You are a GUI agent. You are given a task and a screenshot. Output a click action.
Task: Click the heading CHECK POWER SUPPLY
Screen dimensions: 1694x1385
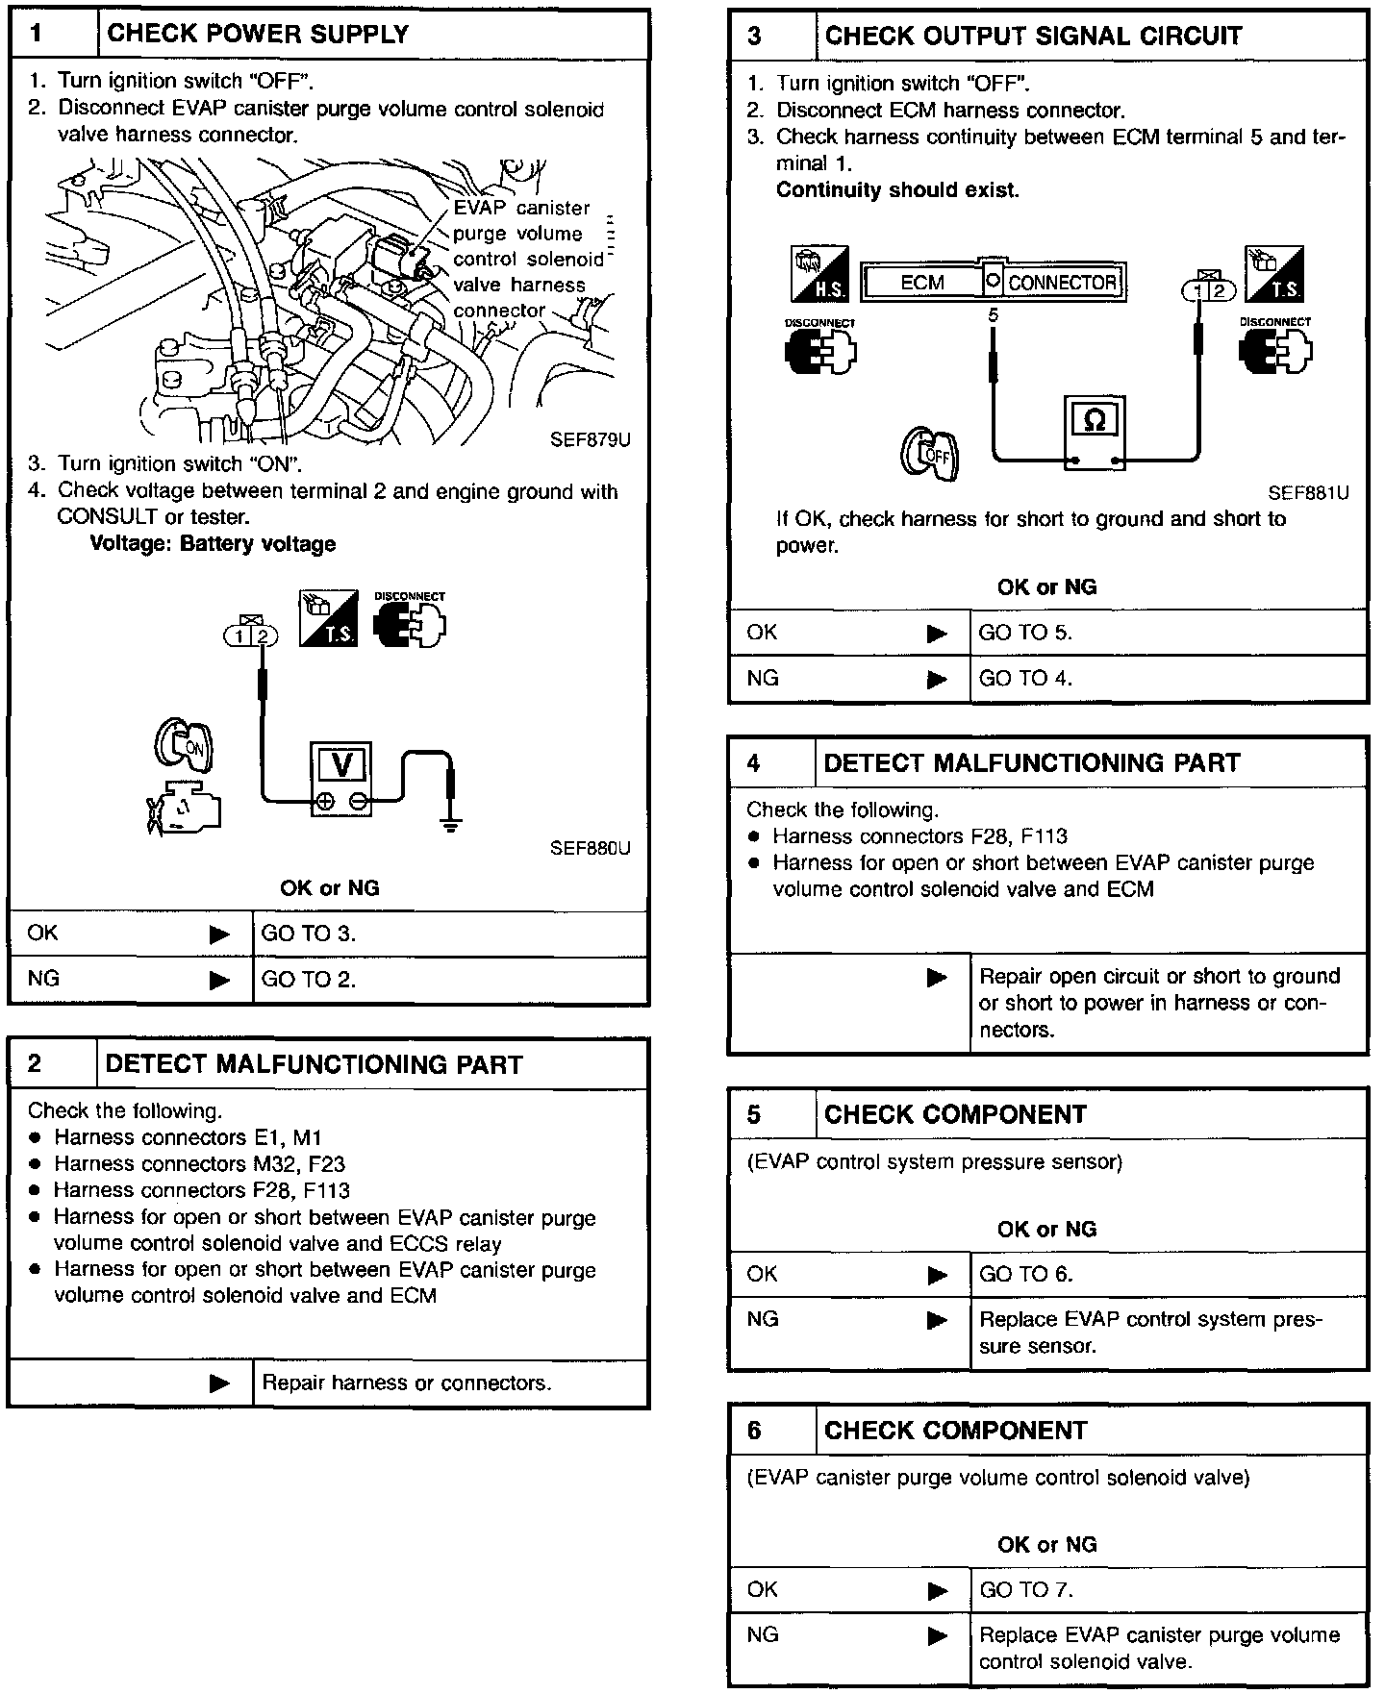click(x=258, y=35)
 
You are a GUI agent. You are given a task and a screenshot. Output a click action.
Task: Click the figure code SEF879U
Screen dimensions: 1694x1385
click(x=590, y=440)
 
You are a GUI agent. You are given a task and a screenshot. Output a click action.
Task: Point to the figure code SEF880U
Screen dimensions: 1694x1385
click(x=590, y=848)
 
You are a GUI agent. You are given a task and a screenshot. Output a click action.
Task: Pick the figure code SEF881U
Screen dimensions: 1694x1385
click(x=1308, y=493)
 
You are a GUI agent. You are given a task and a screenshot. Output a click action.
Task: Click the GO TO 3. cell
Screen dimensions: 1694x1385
click(x=309, y=934)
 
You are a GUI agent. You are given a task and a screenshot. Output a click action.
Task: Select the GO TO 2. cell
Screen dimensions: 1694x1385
click(x=309, y=980)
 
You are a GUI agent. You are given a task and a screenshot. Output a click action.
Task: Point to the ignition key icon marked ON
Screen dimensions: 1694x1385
click(x=184, y=745)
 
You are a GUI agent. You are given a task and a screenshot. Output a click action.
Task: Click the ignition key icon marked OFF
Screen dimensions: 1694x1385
click(x=929, y=454)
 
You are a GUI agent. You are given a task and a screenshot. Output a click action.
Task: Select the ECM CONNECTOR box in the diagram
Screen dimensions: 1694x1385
click(x=993, y=283)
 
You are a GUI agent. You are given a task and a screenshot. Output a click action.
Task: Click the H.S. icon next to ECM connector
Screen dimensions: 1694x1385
click(x=819, y=274)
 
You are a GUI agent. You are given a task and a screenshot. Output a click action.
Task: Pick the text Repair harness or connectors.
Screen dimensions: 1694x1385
click(x=407, y=1383)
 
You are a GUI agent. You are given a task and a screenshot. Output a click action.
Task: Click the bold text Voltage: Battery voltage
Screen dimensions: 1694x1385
click(x=213, y=544)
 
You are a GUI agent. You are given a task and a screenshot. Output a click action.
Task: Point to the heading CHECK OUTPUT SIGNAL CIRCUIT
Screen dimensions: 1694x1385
click(x=1033, y=37)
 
